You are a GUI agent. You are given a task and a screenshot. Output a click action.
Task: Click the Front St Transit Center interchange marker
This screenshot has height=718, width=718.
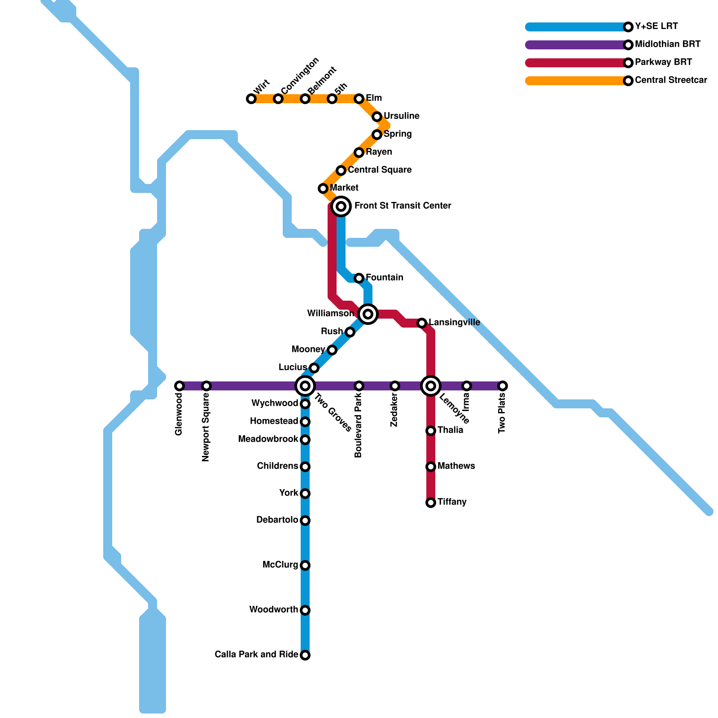(x=341, y=206)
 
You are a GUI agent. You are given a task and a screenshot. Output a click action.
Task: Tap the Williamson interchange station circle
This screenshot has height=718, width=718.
(x=368, y=314)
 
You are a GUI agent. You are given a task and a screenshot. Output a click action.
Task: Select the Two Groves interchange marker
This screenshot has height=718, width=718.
(x=305, y=386)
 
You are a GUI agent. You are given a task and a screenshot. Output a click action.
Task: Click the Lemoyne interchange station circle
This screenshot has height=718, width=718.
(x=431, y=386)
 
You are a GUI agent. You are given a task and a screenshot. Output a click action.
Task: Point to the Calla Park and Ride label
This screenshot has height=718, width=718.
(x=256, y=655)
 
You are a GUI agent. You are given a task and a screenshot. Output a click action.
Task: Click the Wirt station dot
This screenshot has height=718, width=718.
(x=251, y=99)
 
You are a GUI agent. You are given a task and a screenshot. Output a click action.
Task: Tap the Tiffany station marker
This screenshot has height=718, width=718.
(x=431, y=503)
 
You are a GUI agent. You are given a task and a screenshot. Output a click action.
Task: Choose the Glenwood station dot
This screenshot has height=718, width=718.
(x=179, y=386)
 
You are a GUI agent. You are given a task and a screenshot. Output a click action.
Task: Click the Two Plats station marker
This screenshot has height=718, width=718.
(x=503, y=386)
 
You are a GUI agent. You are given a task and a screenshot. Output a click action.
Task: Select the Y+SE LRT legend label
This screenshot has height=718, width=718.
(x=656, y=26)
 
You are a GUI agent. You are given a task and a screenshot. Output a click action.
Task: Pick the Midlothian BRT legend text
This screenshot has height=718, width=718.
(x=667, y=44)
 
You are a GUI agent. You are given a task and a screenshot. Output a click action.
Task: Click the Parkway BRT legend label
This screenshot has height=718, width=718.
(x=663, y=62)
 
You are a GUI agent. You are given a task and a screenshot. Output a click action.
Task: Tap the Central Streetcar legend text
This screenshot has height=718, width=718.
(x=671, y=80)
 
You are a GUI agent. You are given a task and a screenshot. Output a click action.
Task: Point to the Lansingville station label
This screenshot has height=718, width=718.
(x=454, y=323)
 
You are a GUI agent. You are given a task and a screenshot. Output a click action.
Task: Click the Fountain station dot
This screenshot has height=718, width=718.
(x=359, y=278)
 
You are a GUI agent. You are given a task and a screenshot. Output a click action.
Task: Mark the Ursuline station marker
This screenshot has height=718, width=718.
(x=377, y=117)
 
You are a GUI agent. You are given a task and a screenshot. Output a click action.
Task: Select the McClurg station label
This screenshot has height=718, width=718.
(x=280, y=565)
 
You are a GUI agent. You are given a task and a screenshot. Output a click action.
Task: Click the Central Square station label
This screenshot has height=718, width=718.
(x=380, y=170)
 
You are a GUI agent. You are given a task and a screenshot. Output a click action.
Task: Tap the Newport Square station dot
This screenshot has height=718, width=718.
(x=206, y=386)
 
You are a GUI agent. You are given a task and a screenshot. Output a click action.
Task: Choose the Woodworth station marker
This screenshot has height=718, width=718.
(x=305, y=610)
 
